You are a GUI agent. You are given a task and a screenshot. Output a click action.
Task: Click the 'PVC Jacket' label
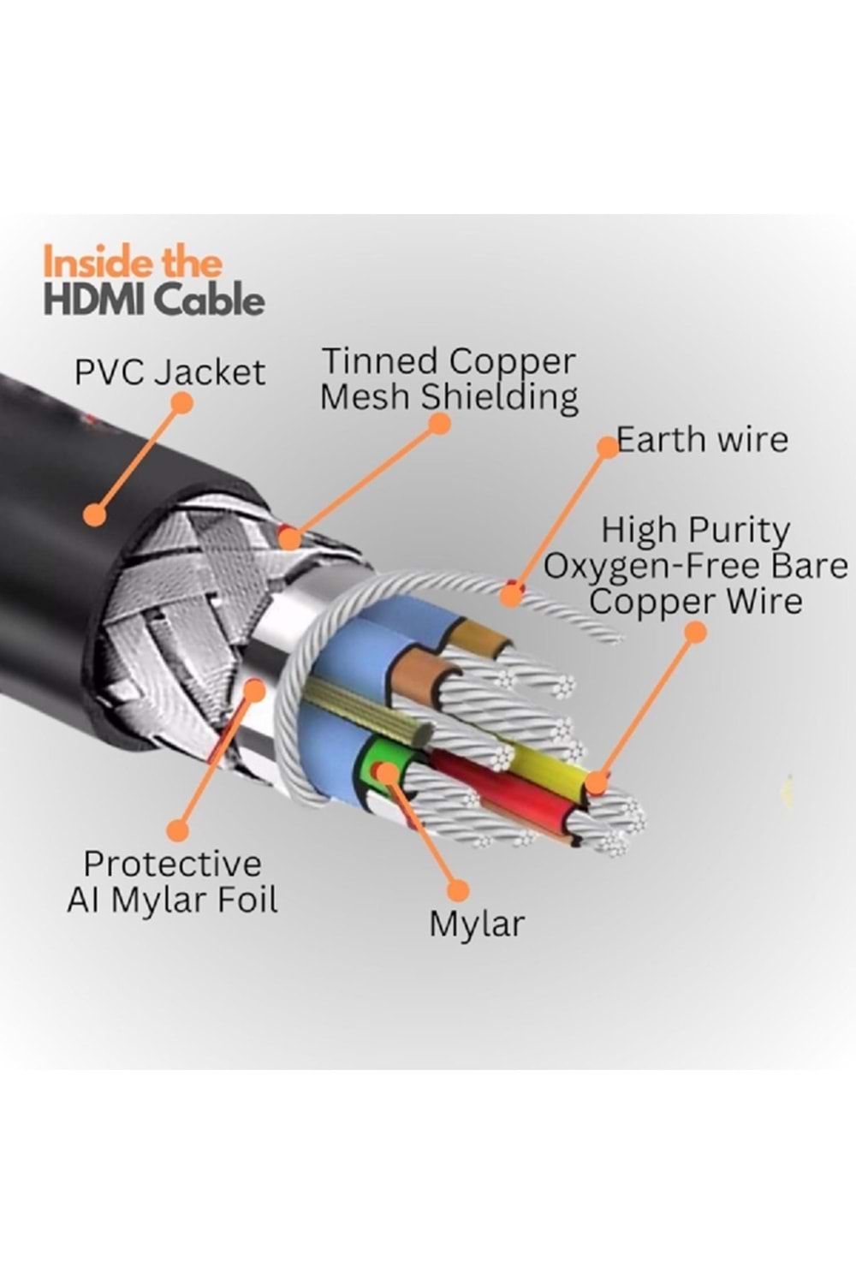169,372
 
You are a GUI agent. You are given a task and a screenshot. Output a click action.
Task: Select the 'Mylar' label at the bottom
477,924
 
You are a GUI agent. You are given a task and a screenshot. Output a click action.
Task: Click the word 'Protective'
172,864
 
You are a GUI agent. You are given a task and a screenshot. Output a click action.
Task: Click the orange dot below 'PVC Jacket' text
181,403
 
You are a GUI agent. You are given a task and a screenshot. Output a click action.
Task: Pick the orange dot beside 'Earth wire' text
607,447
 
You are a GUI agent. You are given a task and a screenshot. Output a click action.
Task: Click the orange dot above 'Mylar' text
459,889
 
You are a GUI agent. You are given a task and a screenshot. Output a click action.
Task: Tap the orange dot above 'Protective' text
178,829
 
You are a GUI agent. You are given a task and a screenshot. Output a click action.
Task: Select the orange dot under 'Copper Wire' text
696,633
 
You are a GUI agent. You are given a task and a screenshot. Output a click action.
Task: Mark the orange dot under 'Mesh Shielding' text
439,423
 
